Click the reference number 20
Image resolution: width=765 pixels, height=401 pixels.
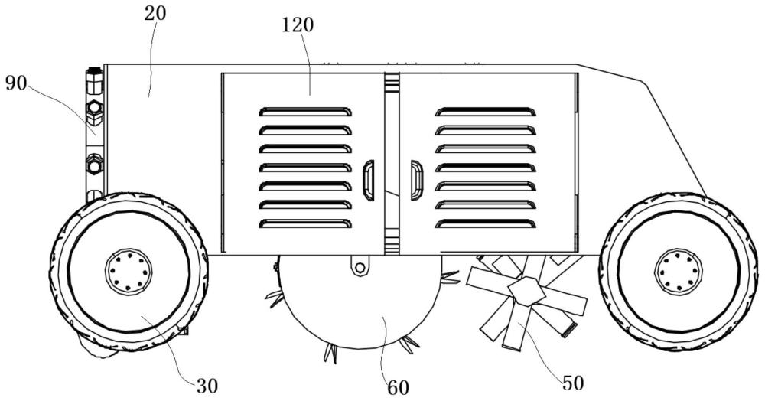click(155, 13)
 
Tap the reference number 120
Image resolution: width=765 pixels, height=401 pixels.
click(298, 25)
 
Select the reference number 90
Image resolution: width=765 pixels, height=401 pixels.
click(16, 83)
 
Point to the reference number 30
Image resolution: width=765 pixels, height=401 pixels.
click(207, 386)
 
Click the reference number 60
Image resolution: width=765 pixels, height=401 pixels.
click(398, 388)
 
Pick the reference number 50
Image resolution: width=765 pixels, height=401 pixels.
click(573, 383)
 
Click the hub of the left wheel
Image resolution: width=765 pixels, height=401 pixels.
click(129, 270)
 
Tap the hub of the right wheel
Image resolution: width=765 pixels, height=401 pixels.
click(678, 270)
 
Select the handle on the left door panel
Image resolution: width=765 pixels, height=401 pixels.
click(369, 180)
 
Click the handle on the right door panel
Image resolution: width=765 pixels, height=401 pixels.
click(417, 180)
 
